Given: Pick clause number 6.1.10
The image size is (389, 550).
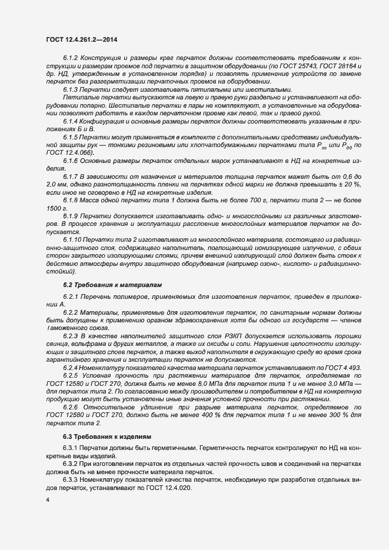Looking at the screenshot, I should (73, 241).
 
